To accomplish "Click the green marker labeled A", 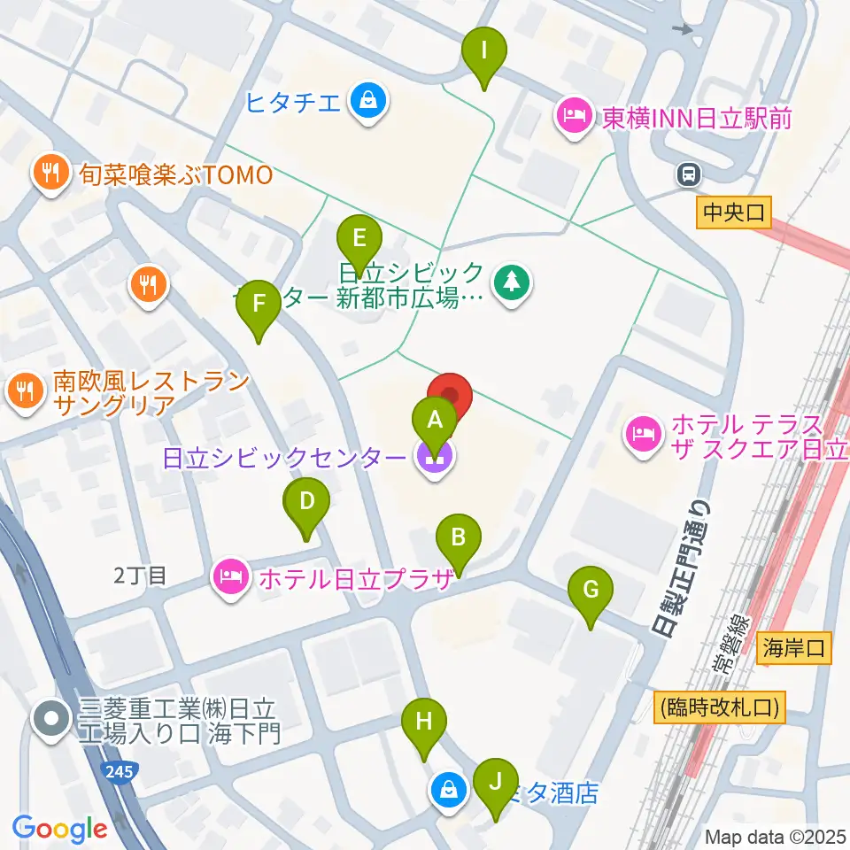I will (x=434, y=419).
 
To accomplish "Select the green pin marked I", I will (x=483, y=50).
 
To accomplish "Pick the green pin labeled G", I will (x=591, y=589).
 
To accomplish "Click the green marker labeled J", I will (x=495, y=782).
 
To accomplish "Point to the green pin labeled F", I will (x=259, y=304).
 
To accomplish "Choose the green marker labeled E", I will (x=359, y=239).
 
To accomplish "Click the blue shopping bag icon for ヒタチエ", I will (x=366, y=101).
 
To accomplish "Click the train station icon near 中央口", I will (x=688, y=175).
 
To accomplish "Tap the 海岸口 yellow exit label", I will (x=795, y=649).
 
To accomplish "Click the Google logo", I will (x=59, y=829).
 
